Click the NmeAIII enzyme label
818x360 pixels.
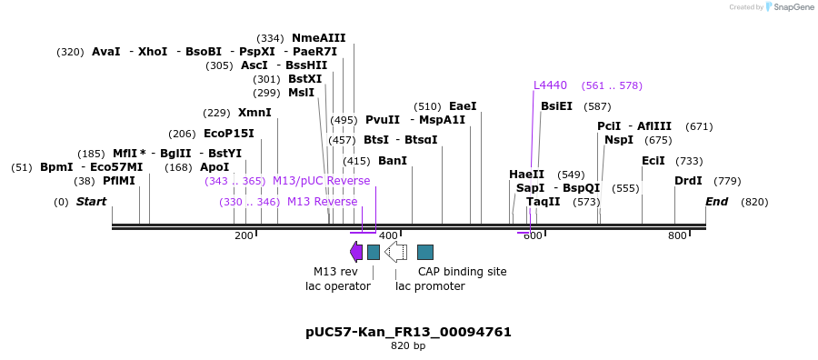click(318, 38)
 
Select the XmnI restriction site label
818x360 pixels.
click(254, 113)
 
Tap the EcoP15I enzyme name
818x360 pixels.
click(229, 134)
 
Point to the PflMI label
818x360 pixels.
click(118, 181)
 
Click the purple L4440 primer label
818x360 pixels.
click(550, 85)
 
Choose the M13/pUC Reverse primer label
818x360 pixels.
click(321, 181)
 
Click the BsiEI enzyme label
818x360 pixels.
click(556, 106)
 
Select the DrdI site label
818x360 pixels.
click(688, 181)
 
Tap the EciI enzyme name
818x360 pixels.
click(653, 161)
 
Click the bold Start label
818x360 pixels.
click(91, 202)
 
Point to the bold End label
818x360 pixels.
click(716, 202)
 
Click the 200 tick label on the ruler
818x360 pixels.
click(244, 236)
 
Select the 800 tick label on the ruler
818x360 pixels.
click(677, 236)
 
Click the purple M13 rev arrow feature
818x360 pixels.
click(355, 252)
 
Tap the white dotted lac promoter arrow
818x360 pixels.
click(395, 252)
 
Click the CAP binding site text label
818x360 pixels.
click(462, 272)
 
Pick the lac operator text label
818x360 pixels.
click(337, 286)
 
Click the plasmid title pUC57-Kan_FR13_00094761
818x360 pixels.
click(408, 332)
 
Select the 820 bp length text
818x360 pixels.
click(408, 346)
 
